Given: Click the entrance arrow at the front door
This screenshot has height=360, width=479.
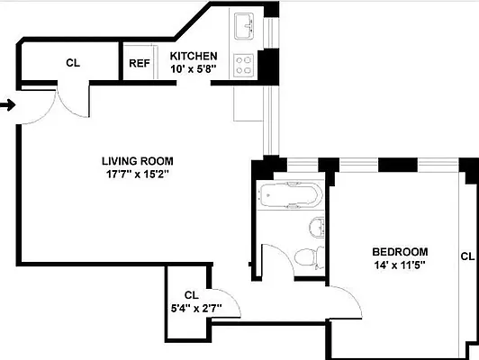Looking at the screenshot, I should (7, 105).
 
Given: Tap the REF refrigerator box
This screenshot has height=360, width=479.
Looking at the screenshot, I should (139, 63).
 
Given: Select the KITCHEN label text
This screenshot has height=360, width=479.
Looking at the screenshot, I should (194, 56).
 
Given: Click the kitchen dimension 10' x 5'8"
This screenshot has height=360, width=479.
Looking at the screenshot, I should (194, 69).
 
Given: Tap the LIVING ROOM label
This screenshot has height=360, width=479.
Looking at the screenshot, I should (137, 162).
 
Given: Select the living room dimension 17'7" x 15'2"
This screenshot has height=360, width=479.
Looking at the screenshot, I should (137, 175).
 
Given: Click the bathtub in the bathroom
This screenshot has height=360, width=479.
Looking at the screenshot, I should (288, 194).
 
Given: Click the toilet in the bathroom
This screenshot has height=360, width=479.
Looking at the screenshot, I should (306, 256).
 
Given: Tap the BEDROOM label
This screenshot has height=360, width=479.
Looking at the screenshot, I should (401, 251).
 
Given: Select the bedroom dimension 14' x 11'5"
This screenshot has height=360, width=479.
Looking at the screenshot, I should (401, 265).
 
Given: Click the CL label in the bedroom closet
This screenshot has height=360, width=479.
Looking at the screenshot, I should (467, 256).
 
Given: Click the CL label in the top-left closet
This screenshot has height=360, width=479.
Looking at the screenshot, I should (73, 63).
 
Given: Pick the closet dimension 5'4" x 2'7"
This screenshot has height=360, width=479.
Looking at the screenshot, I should (191, 309).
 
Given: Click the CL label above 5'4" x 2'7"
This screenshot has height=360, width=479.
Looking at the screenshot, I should (191, 295).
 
